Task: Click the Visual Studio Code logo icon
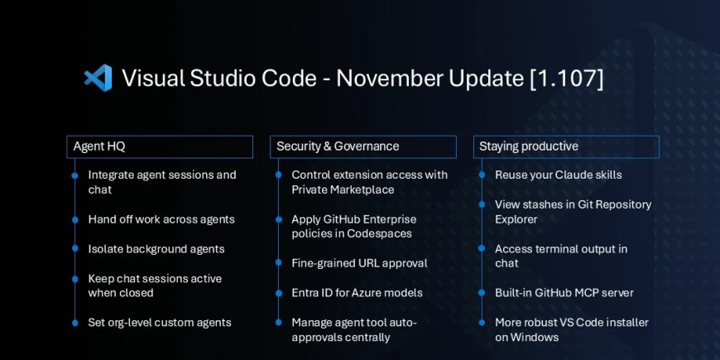(x=98, y=79)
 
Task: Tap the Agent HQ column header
(x=159, y=146)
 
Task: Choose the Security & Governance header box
(x=362, y=146)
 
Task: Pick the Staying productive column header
(x=566, y=146)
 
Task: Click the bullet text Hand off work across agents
(x=161, y=219)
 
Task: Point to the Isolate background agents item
(x=156, y=249)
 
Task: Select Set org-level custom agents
(x=160, y=322)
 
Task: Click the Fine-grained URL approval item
(x=359, y=263)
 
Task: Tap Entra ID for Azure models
(x=357, y=292)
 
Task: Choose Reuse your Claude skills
(x=558, y=175)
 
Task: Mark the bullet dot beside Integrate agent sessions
(x=74, y=175)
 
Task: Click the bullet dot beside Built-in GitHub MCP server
(x=481, y=293)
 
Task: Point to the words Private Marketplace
(x=343, y=190)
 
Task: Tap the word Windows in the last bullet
(x=535, y=337)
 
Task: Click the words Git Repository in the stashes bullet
(x=610, y=204)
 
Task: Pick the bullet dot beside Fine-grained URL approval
(x=277, y=263)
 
